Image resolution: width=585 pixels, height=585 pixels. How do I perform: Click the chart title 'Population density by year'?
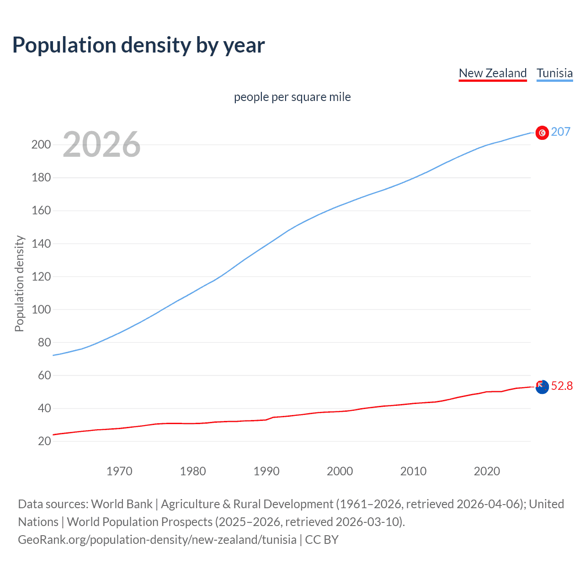[138, 45]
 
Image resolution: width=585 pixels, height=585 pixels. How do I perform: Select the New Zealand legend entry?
[493, 73]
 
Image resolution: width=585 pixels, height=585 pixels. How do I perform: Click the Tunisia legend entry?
[554, 73]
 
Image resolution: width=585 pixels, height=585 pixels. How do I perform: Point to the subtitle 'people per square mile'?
[292, 97]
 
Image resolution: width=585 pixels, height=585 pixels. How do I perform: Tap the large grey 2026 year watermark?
[101, 144]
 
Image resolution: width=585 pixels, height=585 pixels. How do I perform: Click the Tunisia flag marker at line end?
[542, 133]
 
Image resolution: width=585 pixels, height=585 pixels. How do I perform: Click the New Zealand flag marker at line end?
[542, 387]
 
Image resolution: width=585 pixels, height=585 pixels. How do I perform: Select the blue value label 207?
[560, 132]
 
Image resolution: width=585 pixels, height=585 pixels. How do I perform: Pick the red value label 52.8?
[562, 386]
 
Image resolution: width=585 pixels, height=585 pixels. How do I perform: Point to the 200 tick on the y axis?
[41, 145]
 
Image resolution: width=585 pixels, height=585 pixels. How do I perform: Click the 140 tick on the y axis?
[41, 244]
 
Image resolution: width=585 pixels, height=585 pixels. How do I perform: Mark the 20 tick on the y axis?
[44, 441]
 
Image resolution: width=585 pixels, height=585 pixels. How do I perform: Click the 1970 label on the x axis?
[119, 471]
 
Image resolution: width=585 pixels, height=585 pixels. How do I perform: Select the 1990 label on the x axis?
[266, 471]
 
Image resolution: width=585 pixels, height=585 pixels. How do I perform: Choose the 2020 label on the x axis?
[487, 471]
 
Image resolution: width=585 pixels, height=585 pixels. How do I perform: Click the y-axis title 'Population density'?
[19, 283]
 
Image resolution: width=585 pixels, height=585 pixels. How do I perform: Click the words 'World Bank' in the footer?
[122, 504]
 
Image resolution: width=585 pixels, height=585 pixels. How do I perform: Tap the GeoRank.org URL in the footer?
[157, 540]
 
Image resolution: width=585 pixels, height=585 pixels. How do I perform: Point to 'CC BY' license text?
[322, 540]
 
